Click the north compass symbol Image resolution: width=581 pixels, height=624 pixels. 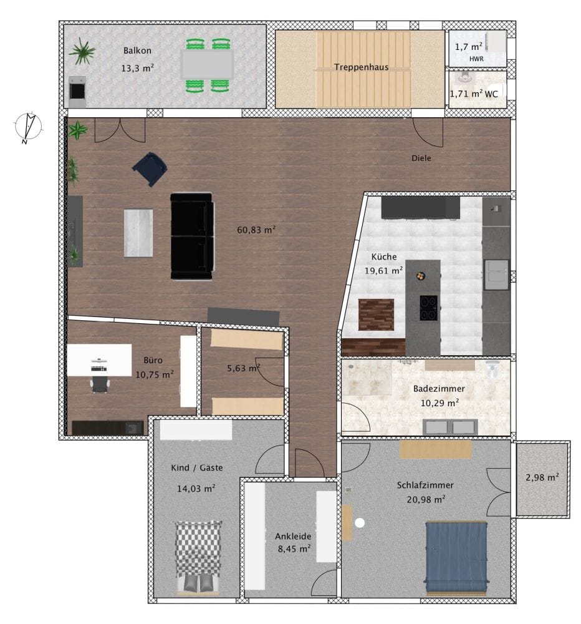28,128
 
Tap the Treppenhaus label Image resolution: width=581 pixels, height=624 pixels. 361,67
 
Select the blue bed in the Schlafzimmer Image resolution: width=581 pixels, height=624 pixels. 456,558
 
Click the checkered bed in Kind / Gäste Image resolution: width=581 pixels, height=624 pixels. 198,558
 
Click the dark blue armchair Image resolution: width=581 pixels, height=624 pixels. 150,168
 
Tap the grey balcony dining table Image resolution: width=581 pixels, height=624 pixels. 207,64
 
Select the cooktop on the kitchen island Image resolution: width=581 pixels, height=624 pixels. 429,308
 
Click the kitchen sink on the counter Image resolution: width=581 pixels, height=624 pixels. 496,275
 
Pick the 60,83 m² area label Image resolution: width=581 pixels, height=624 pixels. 256,230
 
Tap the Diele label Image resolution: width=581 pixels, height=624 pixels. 421,158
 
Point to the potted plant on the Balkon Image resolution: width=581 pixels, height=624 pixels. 82,51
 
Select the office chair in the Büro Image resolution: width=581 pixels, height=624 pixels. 99,384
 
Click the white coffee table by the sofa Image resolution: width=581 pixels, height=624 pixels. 138,233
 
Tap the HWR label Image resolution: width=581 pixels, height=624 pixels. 476,59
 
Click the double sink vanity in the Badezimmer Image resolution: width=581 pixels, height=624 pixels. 450,427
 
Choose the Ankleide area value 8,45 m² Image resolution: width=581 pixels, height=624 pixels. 294,548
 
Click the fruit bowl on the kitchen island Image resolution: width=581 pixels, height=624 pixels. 421,275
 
